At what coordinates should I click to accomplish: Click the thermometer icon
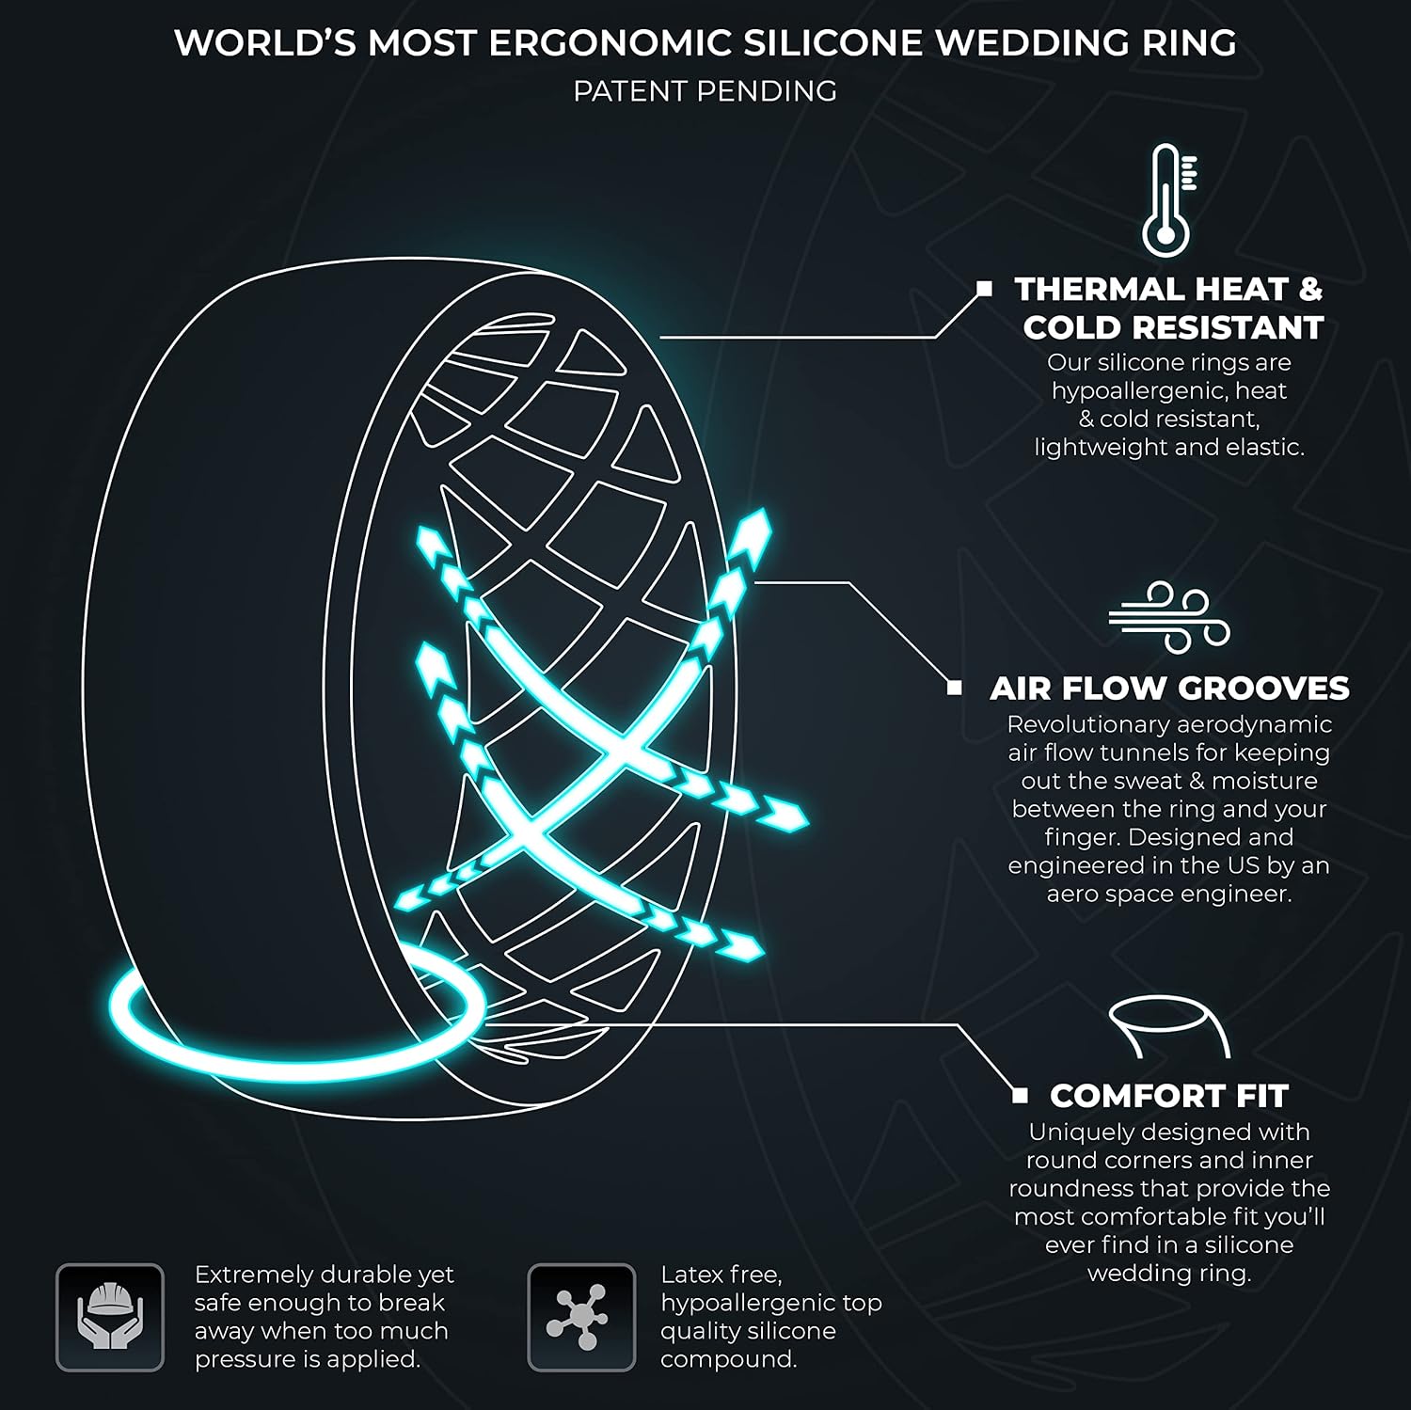click(1166, 200)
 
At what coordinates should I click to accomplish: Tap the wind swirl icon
click(1169, 617)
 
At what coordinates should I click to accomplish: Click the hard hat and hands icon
click(110, 1317)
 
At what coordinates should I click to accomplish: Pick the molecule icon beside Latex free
click(581, 1317)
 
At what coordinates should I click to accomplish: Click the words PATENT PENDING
click(705, 91)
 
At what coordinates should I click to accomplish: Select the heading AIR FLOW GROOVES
click(1169, 689)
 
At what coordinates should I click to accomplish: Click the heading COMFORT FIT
click(1169, 1096)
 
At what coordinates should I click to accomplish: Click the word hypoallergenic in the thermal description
click(1130, 391)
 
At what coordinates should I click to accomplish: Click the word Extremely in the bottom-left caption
click(249, 1275)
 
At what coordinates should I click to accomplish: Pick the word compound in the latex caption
click(726, 1360)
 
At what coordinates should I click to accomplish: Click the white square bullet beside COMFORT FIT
click(1021, 1095)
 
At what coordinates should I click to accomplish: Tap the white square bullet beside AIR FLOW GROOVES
click(955, 688)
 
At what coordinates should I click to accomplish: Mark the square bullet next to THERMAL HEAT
click(985, 288)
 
